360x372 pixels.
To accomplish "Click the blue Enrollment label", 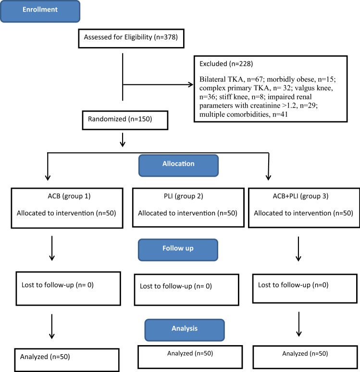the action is (40, 11).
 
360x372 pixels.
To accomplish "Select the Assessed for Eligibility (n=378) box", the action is (131, 38).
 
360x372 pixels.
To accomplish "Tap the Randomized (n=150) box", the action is (125, 120).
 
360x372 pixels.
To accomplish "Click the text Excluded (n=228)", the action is (226, 63).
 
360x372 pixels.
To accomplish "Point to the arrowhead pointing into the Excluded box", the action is (191, 84).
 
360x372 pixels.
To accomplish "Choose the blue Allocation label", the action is (178, 165).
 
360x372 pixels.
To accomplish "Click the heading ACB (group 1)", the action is (69, 196).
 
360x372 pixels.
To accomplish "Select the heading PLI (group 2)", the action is (184, 196).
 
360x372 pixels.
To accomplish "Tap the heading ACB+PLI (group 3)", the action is (300, 196).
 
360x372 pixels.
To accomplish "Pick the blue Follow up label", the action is (178, 250).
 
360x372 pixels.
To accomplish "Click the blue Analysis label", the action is (185, 330).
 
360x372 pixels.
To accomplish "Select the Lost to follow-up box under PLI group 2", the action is (186, 289).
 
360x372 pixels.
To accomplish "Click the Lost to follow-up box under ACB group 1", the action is (68, 288).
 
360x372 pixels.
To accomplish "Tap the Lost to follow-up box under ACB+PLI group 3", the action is (305, 288).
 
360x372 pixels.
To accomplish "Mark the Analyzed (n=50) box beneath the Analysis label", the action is (190, 357).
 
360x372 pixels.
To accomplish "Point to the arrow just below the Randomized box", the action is (123, 140).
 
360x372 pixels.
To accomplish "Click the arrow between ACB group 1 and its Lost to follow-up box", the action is (52, 248).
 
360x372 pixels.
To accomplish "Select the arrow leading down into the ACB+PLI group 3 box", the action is (269, 166).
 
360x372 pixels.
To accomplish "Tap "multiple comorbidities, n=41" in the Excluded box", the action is (244, 114).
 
